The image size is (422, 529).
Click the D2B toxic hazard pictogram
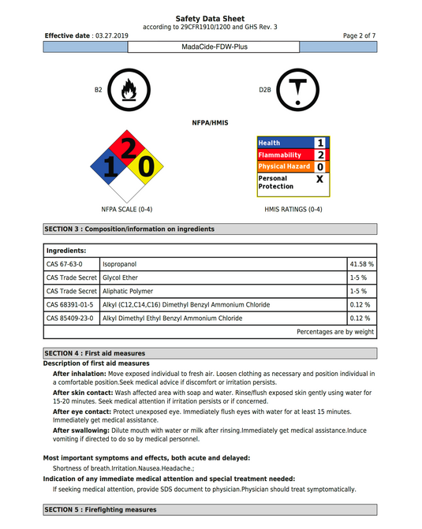point(296,91)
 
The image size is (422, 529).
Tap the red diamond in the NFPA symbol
point(126,147)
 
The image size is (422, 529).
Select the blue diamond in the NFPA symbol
point(108,166)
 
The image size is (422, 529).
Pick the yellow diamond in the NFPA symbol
point(146,166)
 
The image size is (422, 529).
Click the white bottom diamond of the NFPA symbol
point(126,185)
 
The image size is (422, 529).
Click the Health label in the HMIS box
point(269,143)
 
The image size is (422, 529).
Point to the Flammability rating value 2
point(319,155)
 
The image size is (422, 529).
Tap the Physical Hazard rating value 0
point(319,167)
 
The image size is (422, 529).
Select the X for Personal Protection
point(319,179)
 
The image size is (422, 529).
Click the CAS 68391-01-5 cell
point(70,304)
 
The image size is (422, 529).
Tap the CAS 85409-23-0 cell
point(70,318)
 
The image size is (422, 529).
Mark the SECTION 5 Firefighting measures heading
point(100,510)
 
